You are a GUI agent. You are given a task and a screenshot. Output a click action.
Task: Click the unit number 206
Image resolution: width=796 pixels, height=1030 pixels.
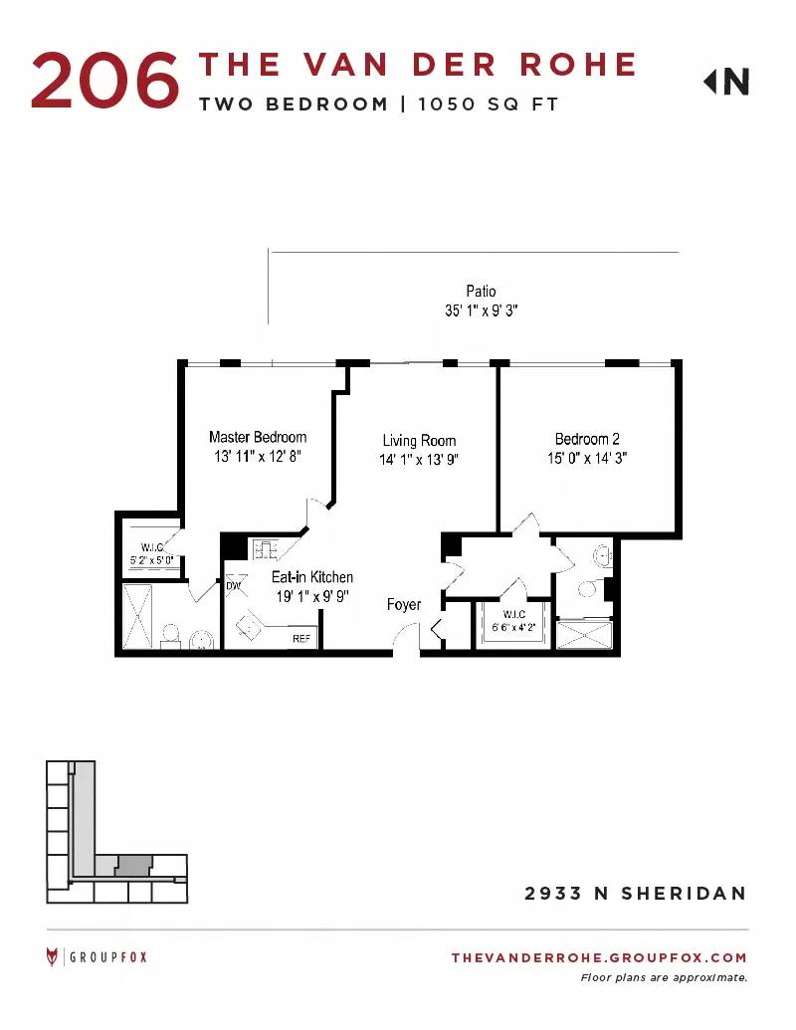coord(105,81)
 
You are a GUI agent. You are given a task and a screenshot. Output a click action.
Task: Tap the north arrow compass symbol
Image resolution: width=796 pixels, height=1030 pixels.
coord(725,83)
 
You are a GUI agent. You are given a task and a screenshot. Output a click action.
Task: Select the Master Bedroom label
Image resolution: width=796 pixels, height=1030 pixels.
coord(258,437)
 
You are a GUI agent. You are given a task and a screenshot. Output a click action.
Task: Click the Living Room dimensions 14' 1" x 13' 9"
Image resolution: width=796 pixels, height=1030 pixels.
coord(418,459)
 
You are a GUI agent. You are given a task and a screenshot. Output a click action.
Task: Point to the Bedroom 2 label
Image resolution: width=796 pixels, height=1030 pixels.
coord(587,439)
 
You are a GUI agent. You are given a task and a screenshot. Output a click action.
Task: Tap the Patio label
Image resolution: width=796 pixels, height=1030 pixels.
coord(481,291)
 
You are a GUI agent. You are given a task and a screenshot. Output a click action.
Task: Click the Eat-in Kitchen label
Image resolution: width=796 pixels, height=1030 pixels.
coord(312,577)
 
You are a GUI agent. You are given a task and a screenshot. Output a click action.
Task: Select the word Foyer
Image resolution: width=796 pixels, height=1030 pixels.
coord(404,604)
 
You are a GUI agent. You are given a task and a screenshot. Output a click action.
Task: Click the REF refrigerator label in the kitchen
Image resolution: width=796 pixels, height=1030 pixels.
coord(301,638)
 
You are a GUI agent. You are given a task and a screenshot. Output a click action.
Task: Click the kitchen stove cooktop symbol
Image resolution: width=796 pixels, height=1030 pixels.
coord(266,548)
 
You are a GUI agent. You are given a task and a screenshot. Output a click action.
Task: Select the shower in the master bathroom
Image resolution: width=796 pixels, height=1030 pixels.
coord(137,617)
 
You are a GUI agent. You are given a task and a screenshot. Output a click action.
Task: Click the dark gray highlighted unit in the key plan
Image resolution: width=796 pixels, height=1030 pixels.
coord(134,865)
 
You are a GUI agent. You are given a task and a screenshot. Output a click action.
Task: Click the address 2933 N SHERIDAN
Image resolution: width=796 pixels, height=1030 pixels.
coord(636,894)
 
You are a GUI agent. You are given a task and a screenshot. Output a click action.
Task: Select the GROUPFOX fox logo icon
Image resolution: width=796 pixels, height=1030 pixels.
coord(52,956)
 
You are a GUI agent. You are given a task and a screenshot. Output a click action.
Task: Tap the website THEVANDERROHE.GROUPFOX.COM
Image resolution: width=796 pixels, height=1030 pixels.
coord(599,957)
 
